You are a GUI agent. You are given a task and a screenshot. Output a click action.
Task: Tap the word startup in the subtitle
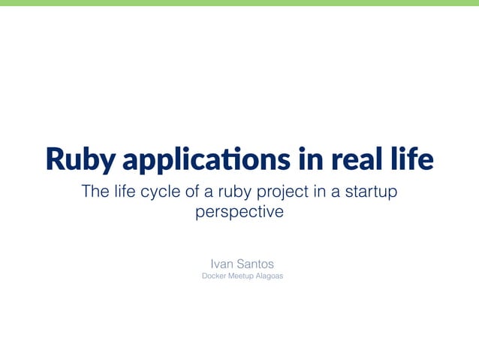pos(370,192)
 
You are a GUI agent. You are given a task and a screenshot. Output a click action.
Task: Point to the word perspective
pos(239,213)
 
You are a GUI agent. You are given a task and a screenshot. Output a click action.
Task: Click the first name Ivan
pos(222,264)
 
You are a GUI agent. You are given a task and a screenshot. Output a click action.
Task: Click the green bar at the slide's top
pos(239,3)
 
